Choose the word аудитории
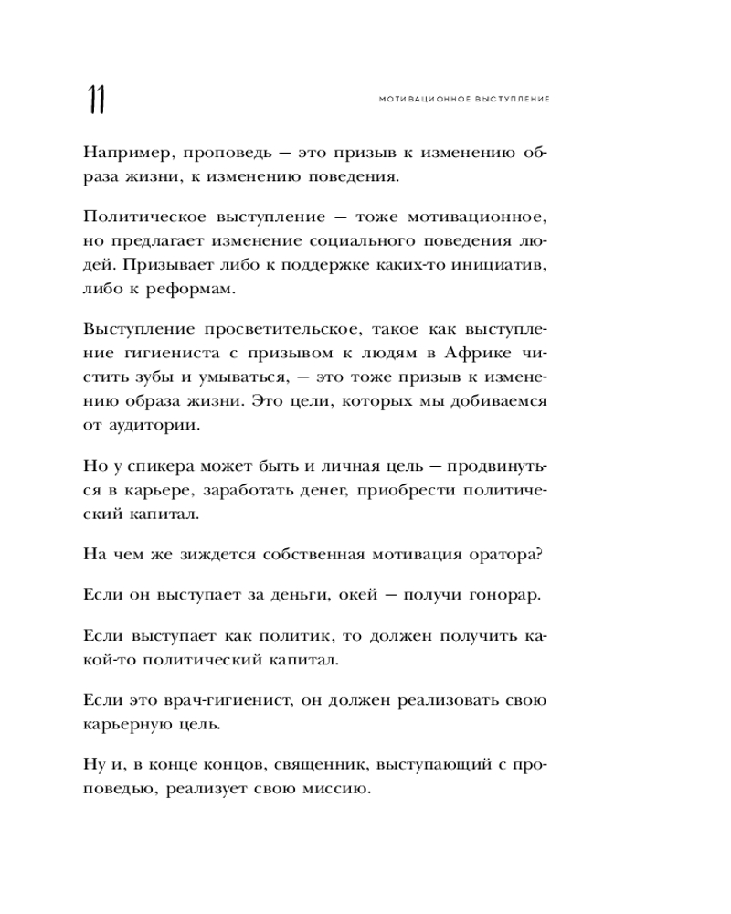click(x=150, y=425)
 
